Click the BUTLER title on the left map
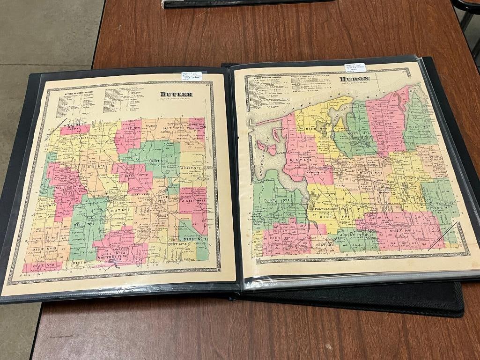[x=176, y=94]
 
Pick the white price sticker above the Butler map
[x=192, y=76]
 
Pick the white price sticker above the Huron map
[x=354, y=67]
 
